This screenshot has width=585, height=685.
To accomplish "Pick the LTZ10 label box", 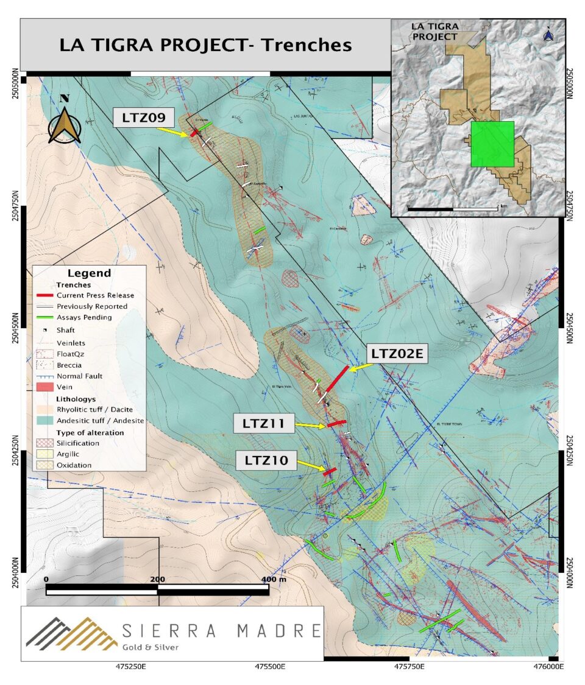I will (x=266, y=461).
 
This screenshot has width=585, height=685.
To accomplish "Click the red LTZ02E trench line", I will (x=337, y=379).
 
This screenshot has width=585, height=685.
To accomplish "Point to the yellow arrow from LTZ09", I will (x=172, y=130).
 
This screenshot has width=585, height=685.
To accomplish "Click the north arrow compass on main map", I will (x=65, y=121).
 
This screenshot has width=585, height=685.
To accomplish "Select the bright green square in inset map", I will (x=492, y=144).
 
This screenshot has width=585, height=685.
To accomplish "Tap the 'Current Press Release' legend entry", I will (x=95, y=295).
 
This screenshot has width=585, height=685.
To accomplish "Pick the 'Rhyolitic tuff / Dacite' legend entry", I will (x=95, y=409).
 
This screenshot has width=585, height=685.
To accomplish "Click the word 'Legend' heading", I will (x=89, y=273).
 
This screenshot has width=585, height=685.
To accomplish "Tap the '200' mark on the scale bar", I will (x=157, y=578).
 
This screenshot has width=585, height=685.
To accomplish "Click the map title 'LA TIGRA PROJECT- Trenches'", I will (x=205, y=45).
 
